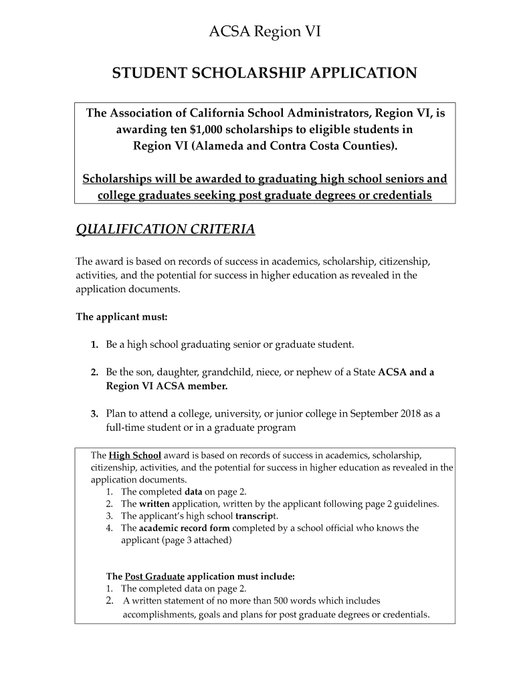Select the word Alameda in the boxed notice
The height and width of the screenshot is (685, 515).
click(218, 145)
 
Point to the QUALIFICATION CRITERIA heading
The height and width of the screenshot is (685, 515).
click(165, 229)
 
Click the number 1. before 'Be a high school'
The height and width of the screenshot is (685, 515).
click(95, 345)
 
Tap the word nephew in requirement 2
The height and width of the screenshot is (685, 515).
click(317, 372)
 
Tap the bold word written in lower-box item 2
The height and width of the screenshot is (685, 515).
click(155, 504)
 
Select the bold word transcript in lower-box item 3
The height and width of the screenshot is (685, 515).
click(256, 516)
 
